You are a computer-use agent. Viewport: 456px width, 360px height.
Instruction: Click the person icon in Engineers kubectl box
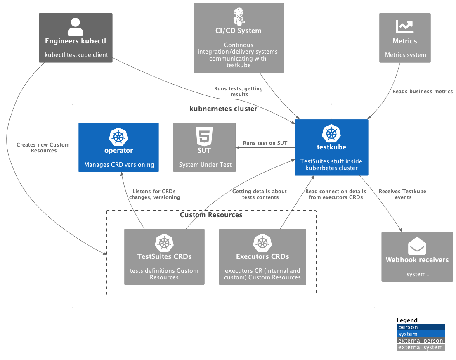tap(75, 26)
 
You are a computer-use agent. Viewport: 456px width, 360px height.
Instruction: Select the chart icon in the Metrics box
tap(404, 26)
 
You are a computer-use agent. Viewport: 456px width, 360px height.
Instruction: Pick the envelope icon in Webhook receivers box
tap(417, 246)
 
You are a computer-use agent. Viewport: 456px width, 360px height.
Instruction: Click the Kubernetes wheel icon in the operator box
tap(118, 136)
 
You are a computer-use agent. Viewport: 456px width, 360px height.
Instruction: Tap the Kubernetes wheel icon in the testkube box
tap(331, 133)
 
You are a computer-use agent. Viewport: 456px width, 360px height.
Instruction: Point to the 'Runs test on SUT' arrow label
tap(265, 143)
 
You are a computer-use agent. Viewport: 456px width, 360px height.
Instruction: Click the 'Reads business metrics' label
tap(422, 92)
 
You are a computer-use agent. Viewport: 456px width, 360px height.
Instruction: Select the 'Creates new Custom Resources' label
tap(43, 148)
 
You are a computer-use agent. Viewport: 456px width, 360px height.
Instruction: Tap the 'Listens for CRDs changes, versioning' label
tap(154, 194)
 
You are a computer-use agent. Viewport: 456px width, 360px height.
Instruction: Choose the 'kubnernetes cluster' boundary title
tap(223, 109)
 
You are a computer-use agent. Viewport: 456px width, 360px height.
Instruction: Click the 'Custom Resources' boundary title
tap(211, 215)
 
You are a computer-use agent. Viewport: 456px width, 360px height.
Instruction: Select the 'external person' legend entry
tap(421, 341)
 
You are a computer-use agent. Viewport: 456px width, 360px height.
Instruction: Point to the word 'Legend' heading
tap(407, 320)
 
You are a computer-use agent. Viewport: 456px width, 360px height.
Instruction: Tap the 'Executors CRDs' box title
tap(262, 256)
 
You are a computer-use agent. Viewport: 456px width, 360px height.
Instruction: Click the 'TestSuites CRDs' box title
tap(164, 256)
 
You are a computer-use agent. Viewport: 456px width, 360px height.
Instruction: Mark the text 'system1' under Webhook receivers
tap(417, 274)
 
